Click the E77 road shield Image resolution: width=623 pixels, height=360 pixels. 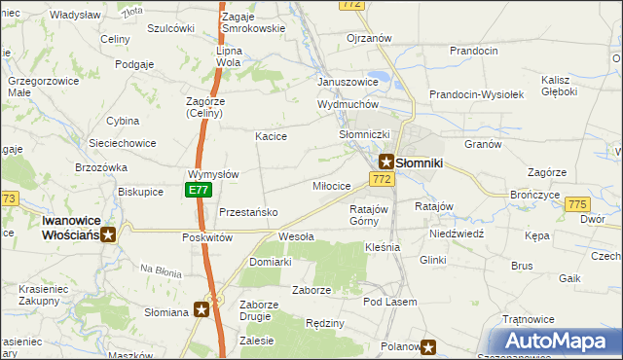coord(199,191)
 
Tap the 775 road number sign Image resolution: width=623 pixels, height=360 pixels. coord(577,203)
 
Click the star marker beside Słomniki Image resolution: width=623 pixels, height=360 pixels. coord(386,162)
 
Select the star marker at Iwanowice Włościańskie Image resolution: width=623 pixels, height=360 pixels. coord(109,234)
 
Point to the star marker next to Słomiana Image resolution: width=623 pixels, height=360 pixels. coord(202,309)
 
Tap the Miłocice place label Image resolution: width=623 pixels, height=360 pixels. coord(331,186)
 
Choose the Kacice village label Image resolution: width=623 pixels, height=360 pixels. coord(271,136)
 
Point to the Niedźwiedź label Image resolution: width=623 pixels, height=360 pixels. coord(456,234)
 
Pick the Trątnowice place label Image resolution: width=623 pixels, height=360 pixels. coord(528,319)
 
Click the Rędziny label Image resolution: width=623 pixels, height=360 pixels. coord(325,323)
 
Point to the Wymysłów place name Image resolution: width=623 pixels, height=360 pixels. coord(213,174)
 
